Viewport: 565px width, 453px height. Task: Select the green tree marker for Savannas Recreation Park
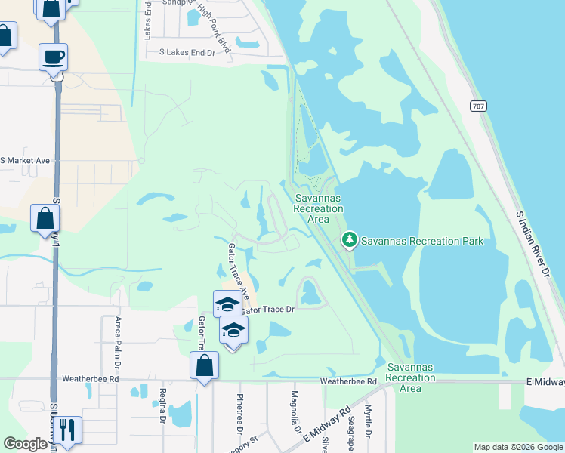349,240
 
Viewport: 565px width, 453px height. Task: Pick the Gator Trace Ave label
238,269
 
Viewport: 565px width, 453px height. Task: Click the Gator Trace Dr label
267,309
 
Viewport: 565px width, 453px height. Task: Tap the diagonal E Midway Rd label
326,425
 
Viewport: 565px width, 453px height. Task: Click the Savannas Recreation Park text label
421,242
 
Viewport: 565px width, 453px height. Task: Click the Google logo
25,444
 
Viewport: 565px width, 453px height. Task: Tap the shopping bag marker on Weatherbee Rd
204,366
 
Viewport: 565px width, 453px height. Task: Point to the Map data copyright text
517,447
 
